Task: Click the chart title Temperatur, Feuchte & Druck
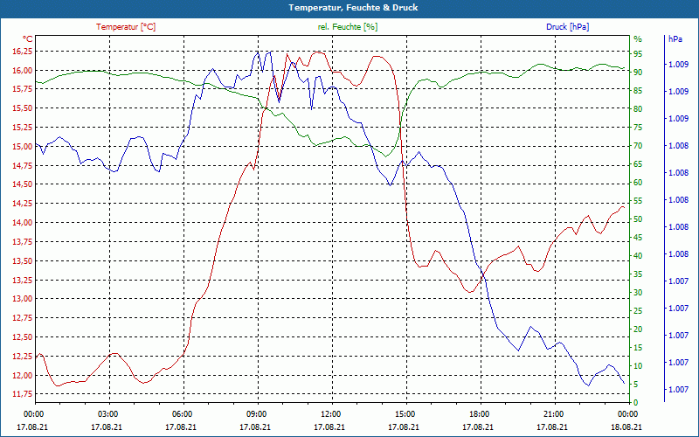349,8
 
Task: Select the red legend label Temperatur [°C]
126,27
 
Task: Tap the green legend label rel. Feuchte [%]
348,27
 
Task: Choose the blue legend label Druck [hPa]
567,27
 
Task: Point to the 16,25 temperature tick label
22,52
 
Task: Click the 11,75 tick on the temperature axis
22,395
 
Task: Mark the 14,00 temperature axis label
22,223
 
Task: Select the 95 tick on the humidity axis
638,52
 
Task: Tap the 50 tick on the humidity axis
638,219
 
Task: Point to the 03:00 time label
108,413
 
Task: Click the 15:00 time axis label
405,413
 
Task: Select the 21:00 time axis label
553,413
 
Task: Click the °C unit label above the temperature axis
28,39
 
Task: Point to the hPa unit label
675,39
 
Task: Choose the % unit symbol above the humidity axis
638,39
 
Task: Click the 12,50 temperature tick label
22,337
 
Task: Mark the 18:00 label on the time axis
479,413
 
